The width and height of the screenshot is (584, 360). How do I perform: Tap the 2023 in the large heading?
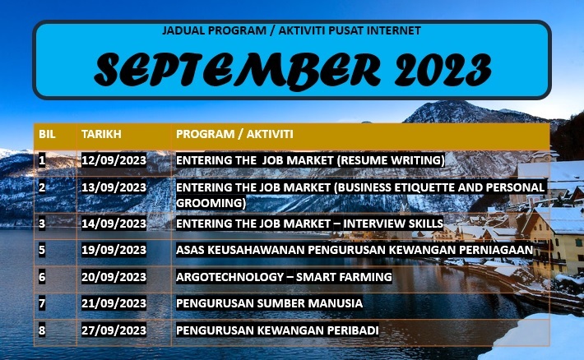tap(433, 69)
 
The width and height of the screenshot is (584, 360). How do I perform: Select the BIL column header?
tap(46, 133)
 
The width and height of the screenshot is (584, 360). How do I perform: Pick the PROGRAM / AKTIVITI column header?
tap(235, 133)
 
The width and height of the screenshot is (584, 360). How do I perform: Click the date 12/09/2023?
tap(114, 160)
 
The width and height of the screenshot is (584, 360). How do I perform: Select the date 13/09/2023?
tap(114, 187)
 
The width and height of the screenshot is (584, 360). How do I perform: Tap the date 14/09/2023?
tap(114, 223)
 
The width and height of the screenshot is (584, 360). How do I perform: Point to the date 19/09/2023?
tap(114, 250)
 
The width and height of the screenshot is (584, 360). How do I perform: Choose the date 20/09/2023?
tap(114, 277)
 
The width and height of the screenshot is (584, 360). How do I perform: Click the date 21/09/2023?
tap(114, 304)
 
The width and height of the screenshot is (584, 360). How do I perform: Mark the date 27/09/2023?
tap(114, 331)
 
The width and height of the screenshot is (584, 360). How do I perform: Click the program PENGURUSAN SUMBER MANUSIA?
tap(269, 304)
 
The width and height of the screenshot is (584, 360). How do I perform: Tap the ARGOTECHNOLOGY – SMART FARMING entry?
tap(284, 277)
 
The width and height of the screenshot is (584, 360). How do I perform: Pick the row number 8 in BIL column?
tap(42, 331)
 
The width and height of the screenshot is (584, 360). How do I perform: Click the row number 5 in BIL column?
tap(42, 250)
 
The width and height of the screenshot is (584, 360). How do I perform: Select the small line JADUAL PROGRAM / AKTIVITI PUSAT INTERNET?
tap(292, 30)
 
